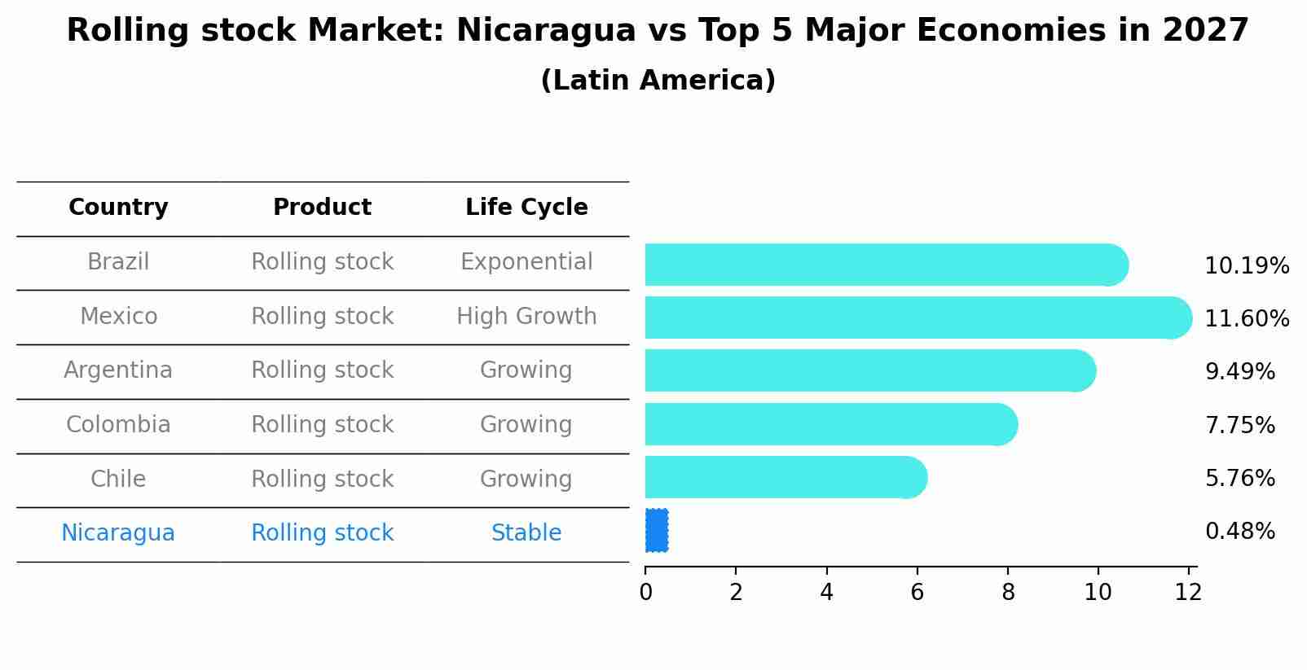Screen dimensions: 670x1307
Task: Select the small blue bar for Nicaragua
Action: [657, 531]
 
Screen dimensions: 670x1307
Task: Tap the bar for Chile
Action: [785, 477]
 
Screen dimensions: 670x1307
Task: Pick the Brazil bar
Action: [885, 265]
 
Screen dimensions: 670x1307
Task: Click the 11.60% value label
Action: [1246, 318]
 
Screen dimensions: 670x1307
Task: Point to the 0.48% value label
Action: [1239, 532]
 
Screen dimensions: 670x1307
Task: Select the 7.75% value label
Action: [1239, 425]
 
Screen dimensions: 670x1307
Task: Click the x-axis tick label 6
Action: [917, 593]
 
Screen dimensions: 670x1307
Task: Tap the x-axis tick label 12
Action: [1188, 593]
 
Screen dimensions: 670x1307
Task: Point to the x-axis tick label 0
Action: [645, 593]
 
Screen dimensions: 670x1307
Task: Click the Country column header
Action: [118, 208]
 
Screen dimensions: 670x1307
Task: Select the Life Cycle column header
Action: [526, 208]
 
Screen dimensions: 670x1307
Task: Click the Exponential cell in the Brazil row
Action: [526, 262]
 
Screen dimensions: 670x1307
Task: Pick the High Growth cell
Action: [526, 317]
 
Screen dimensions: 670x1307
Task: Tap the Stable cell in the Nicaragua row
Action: [526, 533]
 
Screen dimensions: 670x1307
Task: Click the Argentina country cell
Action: [118, 370]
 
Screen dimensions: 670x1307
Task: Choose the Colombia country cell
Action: [118, 425]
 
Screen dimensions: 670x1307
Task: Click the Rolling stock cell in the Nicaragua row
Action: [322, 533]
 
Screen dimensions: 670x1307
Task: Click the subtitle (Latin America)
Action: [658, 81]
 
